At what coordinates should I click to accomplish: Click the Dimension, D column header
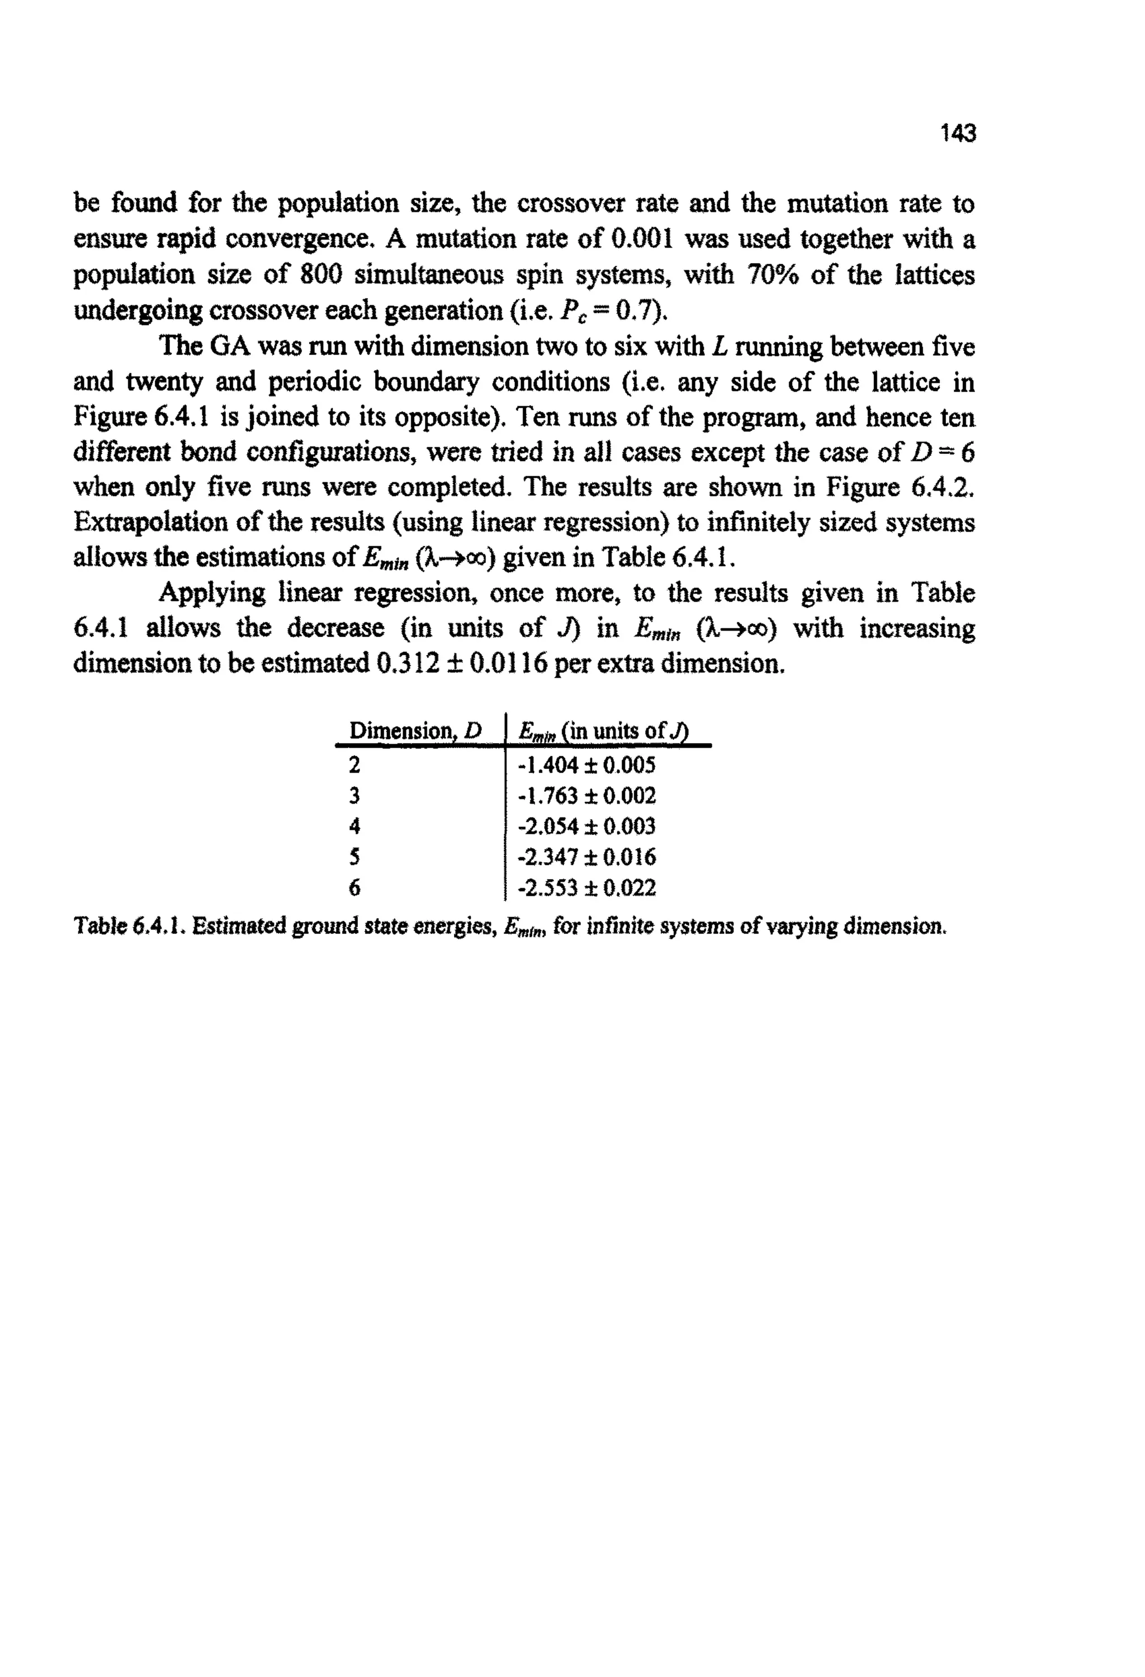414,731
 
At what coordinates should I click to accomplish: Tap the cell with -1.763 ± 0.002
587,796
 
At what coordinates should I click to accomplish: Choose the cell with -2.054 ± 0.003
586,826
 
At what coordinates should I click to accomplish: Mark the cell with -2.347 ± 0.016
587,857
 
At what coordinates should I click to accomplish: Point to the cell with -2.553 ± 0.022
587,887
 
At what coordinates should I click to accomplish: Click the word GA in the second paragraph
229,346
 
